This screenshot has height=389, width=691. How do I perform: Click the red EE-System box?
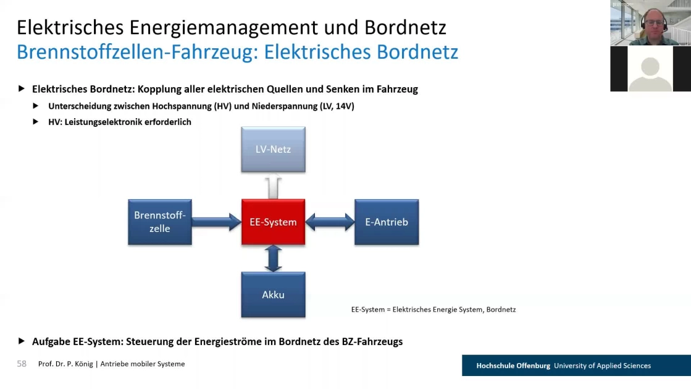click(273, 221)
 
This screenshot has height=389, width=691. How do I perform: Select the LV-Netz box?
click(273, 149)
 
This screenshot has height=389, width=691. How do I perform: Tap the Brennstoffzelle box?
click(160, 221)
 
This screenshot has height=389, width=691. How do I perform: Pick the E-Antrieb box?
click(387, 221)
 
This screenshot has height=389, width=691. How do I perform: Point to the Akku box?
click(273, 294)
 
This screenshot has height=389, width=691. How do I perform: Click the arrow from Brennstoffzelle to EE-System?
click(217, 221)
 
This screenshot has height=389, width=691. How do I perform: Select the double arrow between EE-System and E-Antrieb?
click(330, 221)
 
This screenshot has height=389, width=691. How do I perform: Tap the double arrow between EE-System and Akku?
click(273, 259)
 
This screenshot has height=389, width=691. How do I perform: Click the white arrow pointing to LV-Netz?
click(273, 186)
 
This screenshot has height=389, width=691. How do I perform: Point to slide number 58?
click(22, 364)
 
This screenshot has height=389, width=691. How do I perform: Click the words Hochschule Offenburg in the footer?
click(513, 365)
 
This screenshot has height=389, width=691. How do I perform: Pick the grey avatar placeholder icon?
click(650, 74)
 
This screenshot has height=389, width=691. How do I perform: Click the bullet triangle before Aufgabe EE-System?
click(21, 341)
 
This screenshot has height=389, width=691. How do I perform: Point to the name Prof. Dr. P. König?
click(65, 364)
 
